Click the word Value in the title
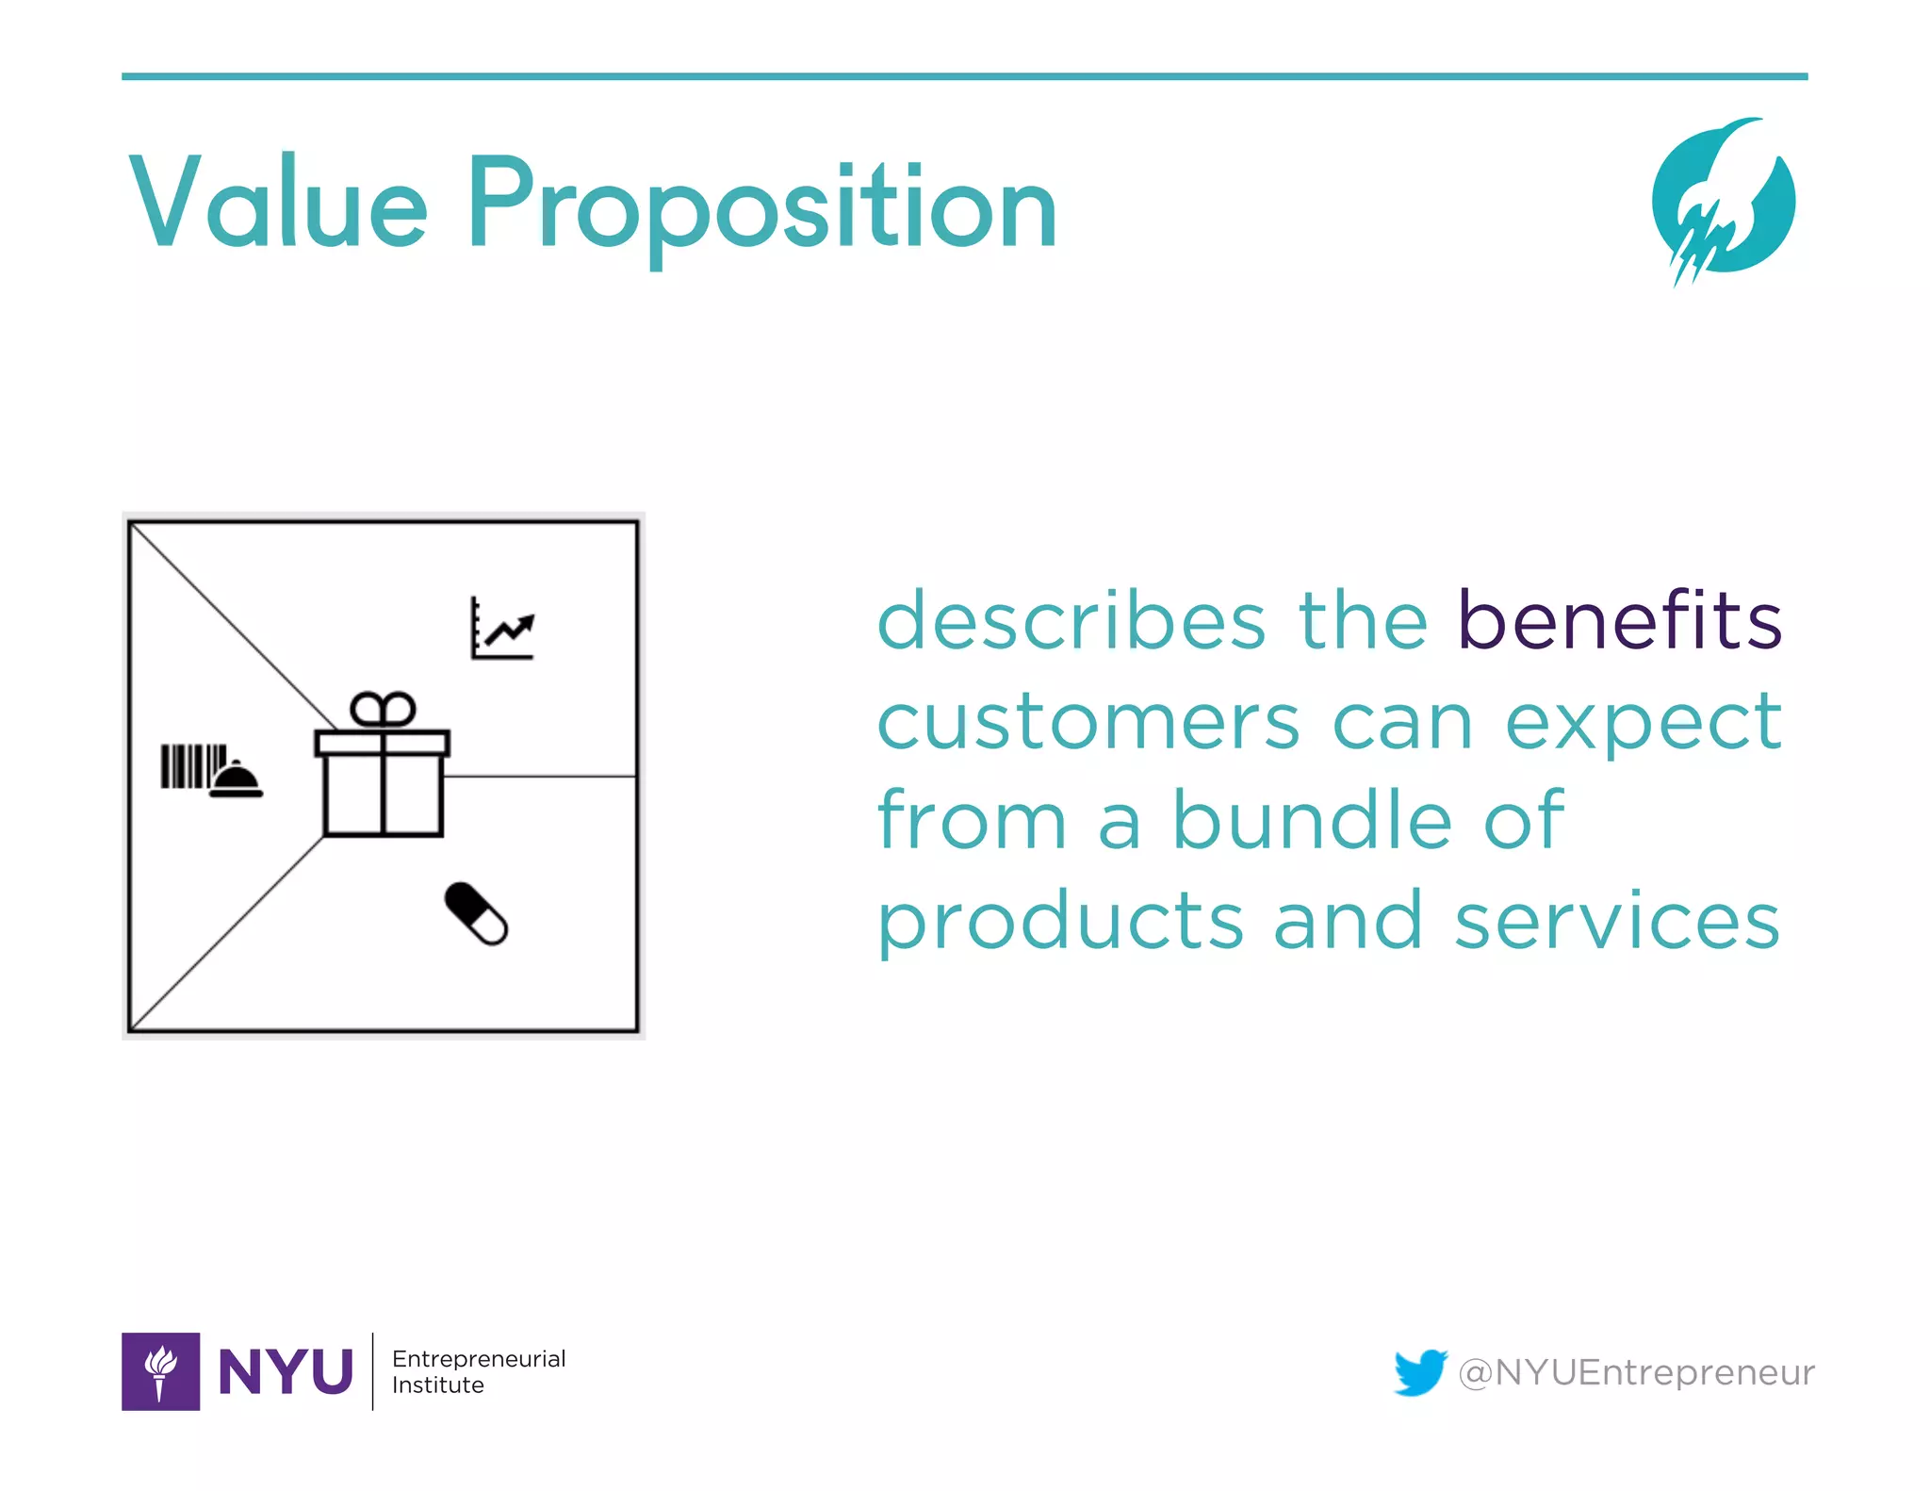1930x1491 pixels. pyautogui.click(x=279, y=203)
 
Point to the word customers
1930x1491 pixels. pyautogui.click(x=1088, y=723)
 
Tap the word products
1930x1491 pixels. pyautogui.click(x=1060, y=924)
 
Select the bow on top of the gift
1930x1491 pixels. pyautogui.click(x=383, y=709)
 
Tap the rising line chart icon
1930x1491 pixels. pyautogui.click(x=502, y=629)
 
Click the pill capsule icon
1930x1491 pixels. pyautogui.click(x=476, y=913)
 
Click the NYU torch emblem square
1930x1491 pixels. pyautogui.click(x=160, y=1371)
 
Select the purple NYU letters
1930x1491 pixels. pyautogui.click(x=286, y=1372)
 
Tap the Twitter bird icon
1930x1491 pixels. pyautogui.click(x=1420, y=1371)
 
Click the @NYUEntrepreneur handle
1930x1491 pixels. pyautogui.click(x=1636, y=1372)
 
